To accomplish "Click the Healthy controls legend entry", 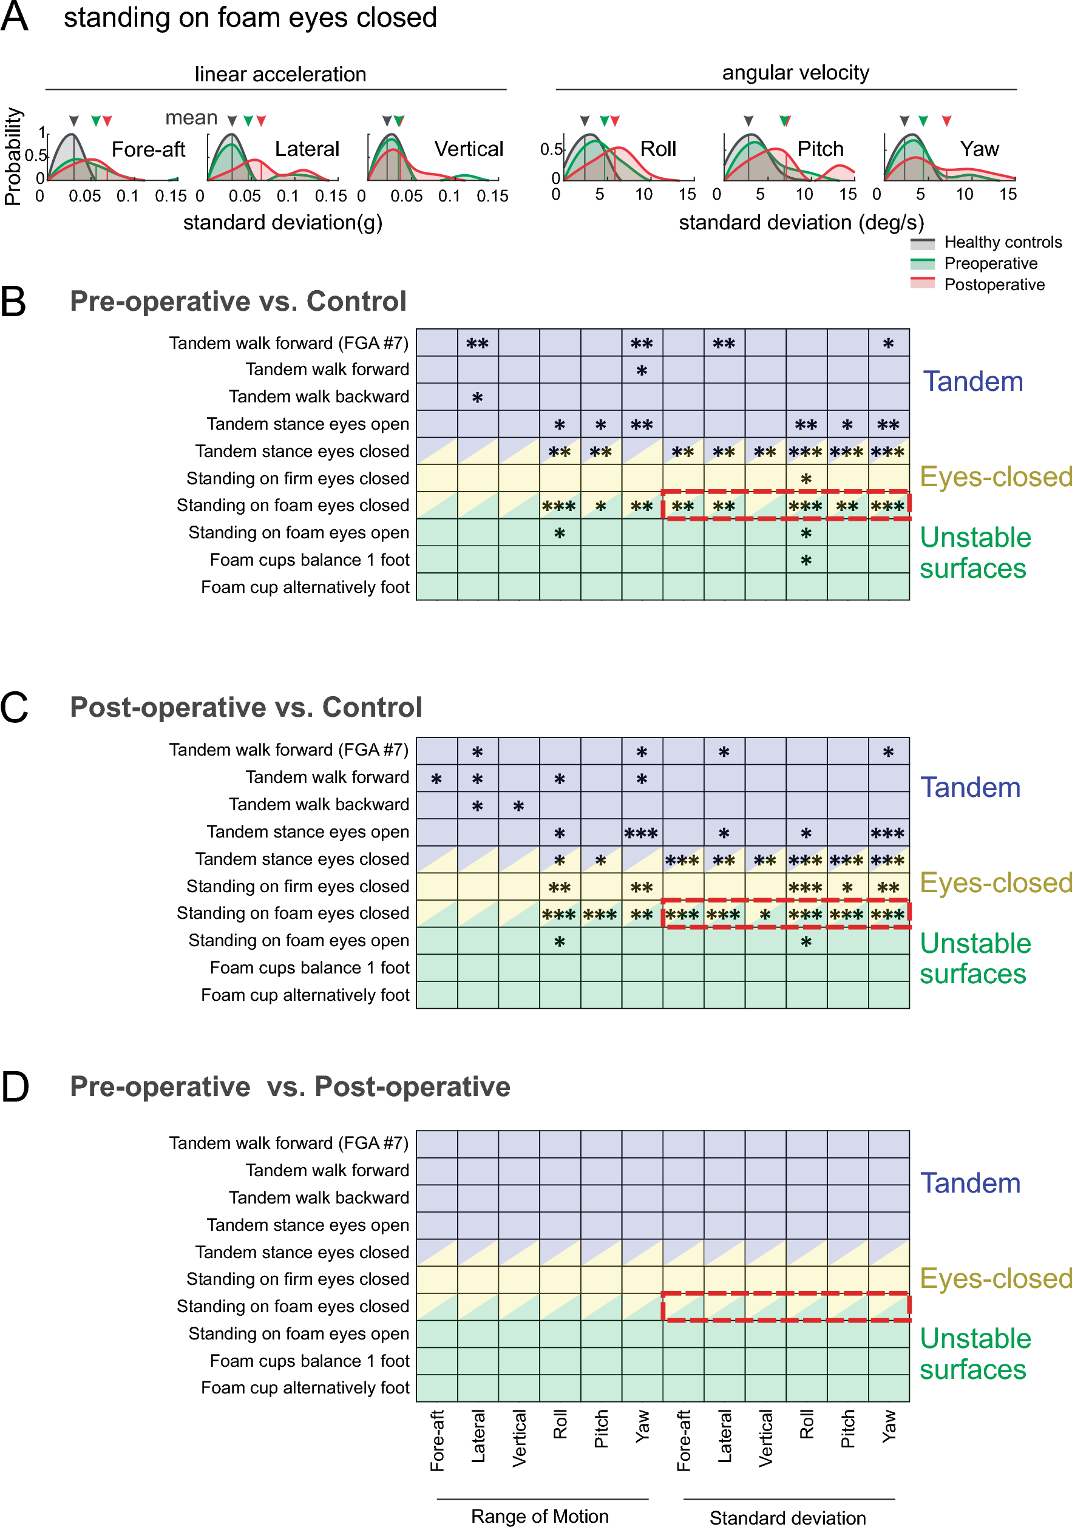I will (x=1002, y=242).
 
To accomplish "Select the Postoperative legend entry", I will (x=994, y=285).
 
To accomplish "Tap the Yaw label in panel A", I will (x=979, y=149).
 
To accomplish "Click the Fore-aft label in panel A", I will (x=148, y=149).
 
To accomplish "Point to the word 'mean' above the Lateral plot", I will (x=191, y=118).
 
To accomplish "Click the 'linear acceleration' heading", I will (x=280, y=74).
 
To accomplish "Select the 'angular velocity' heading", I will (x=795, y=72).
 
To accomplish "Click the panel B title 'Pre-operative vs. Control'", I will (x=238, y=301).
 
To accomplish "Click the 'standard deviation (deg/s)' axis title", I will (x=801, y=222).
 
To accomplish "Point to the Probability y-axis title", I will (x=13, y=157).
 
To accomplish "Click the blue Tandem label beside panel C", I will (x=969, y=787).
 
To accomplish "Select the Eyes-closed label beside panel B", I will (x=996, y=477).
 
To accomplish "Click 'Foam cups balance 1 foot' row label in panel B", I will (x=309, y=560).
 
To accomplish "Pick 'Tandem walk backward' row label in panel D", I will (x=319, y=1197).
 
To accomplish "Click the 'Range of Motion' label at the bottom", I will (x=539, y=1515).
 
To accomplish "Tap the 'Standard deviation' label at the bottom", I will (x=787, y=1517).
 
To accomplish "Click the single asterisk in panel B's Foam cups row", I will (x=806, y=561).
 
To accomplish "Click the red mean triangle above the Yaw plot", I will (x=946, y=121).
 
